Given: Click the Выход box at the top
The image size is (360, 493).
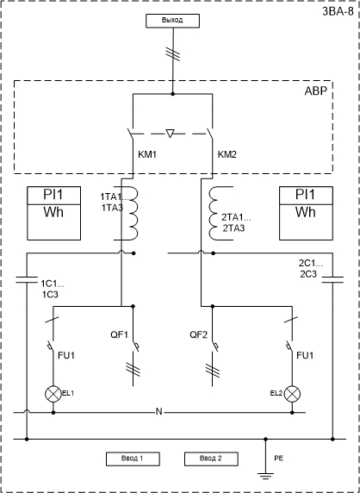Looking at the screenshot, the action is (172, 21).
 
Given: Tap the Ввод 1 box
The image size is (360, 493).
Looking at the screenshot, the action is (133, 459).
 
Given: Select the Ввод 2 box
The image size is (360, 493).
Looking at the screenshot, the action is (211, 459).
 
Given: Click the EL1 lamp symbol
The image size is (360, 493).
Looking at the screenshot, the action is (53, 394).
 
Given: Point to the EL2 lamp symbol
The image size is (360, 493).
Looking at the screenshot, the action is (293, 394).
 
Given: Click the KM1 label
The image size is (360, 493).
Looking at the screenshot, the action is (147, 154).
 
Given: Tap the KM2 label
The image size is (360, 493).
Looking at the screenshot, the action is (227, 154).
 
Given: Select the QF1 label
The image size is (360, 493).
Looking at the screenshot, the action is (119, 335).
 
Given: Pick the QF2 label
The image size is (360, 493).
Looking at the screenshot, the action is (199, 335).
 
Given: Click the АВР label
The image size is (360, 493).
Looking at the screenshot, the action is (316, 90).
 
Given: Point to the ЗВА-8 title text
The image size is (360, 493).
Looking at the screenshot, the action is (338, 11).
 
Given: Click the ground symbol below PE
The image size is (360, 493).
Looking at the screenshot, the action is (266, 476).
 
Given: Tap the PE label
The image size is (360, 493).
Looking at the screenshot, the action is (279, 459).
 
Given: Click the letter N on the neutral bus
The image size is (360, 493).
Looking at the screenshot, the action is (159, 412).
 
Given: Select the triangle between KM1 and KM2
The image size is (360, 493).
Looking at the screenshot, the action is (170, 134).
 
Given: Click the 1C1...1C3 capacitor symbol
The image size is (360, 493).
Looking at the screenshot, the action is (27, 280).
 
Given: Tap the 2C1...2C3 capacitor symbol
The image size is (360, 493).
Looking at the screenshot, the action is (332, 280).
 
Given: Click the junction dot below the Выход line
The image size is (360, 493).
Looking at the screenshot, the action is (172, 94).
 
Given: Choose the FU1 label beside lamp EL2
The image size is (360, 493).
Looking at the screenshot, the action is (305, 356).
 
